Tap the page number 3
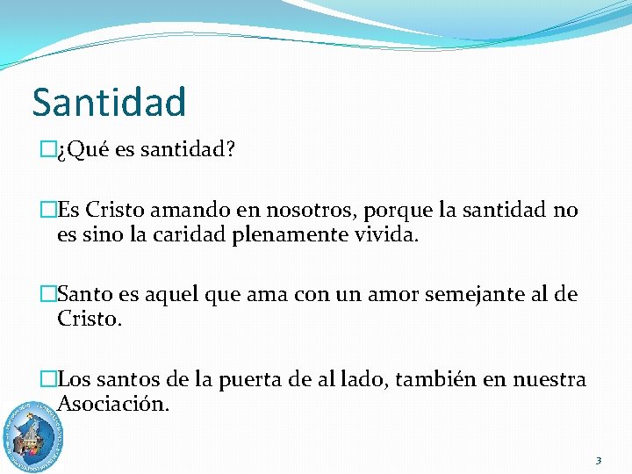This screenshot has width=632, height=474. pyautogui.click(x=598, y=460)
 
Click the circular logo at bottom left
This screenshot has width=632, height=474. pyautogui.click(x=33, y=436)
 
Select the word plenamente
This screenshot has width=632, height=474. pyautogui.click(x=276, y=234)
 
